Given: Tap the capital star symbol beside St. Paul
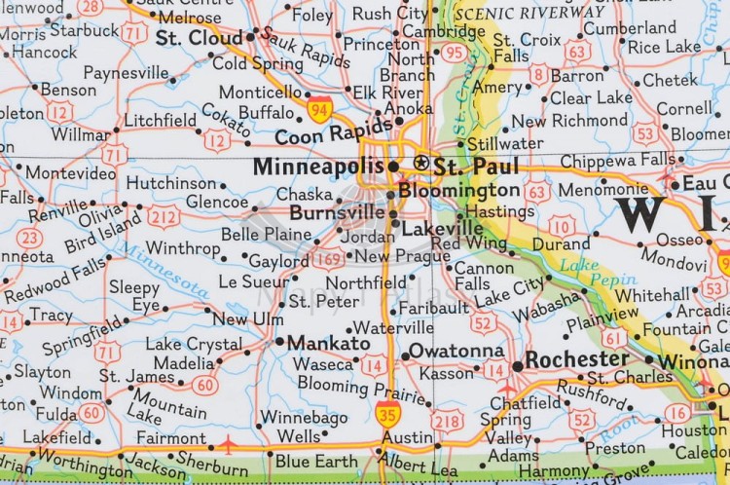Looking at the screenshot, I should [421, 162].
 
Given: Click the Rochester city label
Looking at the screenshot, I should [577, 359].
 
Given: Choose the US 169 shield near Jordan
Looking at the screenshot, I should [326, 258].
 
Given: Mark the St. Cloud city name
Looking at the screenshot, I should [199, 37].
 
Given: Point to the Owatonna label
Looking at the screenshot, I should [456, 351].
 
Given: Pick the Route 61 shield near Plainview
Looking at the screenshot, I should [614, 337].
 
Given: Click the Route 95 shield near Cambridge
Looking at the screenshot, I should [454, 53].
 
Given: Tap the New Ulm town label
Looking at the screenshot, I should [248, 319].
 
